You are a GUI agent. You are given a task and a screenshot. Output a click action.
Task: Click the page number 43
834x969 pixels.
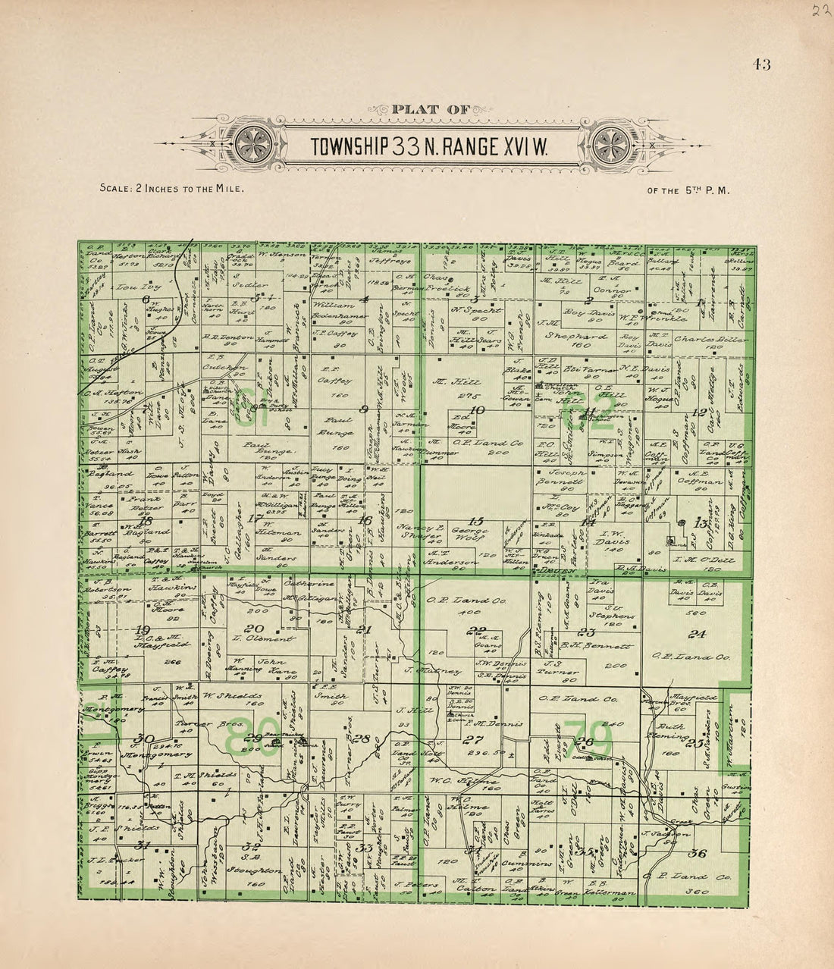point(761,64)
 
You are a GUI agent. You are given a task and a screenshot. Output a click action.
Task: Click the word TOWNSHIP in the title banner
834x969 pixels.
point(351,146)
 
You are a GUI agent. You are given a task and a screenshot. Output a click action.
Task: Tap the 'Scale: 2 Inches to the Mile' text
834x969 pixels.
point(171,189)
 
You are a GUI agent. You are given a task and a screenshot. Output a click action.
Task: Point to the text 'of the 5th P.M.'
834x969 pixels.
point(688,191)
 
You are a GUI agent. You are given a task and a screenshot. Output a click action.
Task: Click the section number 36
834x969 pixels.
point(698,855)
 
